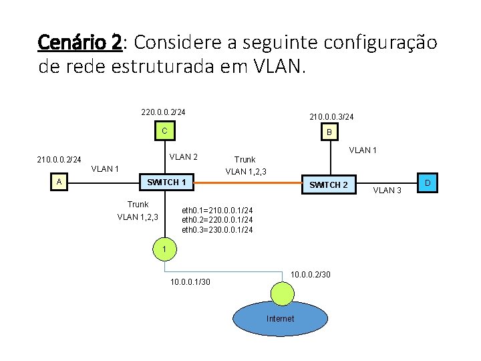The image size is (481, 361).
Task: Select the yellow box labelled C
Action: click(x=164, y=130)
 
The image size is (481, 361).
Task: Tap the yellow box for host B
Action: click(x=328, y=133)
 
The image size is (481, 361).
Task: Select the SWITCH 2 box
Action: click(x=329, y=185)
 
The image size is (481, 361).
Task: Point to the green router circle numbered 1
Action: click(x=164, y=249)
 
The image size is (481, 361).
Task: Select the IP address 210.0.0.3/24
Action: click(x=331, y=117)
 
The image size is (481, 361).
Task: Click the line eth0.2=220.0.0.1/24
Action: click(x=217, y=220)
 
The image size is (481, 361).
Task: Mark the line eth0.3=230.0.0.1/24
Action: click(x=217, y=230)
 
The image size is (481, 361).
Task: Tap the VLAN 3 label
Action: click(x=387, y=191)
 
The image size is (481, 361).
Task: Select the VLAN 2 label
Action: click(x=183, y=157)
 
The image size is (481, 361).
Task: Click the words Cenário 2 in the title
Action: click(x=79, y=43)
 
